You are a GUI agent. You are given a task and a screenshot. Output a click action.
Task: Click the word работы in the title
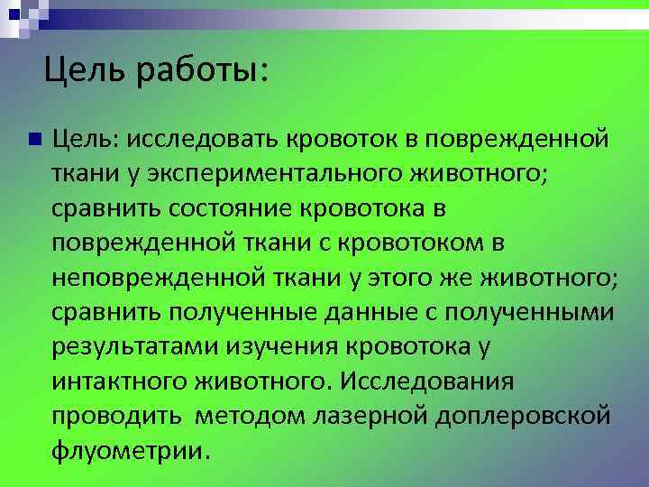[204, 69]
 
